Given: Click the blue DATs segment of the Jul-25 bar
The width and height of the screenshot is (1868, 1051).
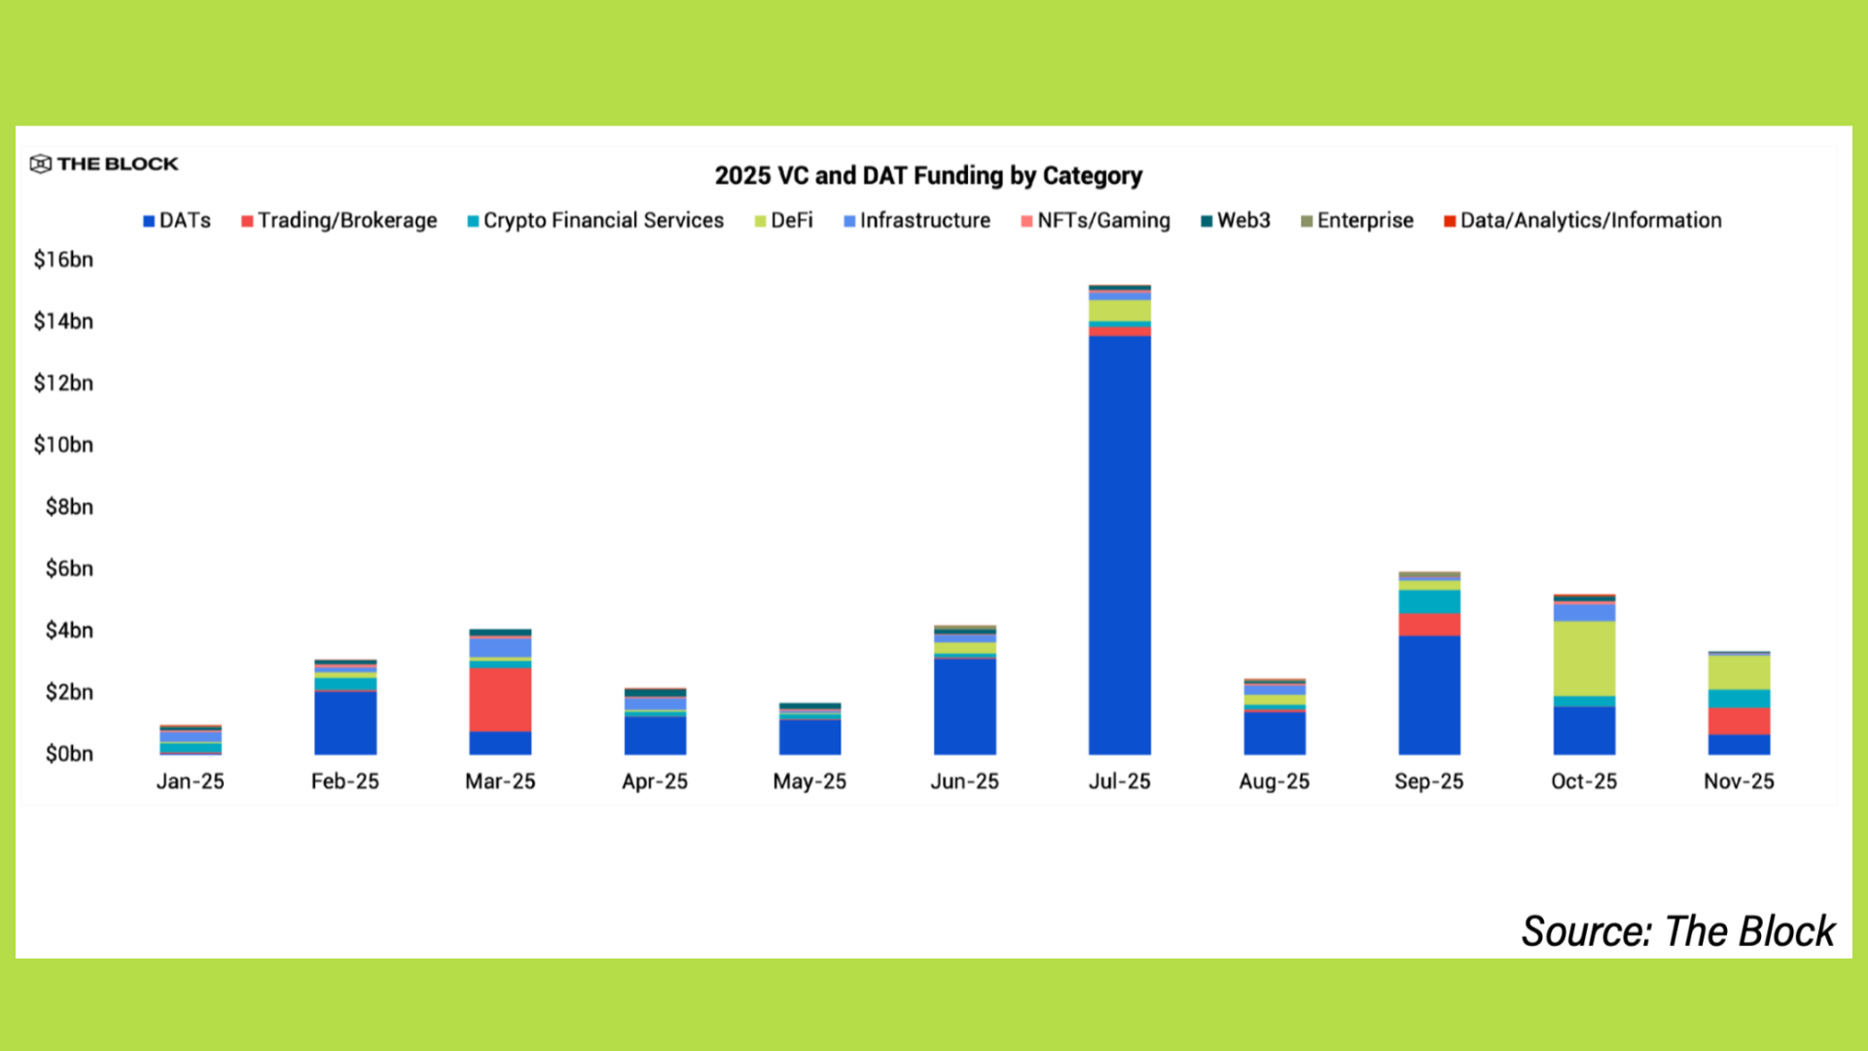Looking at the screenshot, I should (1119, 545).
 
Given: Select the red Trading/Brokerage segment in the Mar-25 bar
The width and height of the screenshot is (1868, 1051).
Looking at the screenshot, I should (500, 699).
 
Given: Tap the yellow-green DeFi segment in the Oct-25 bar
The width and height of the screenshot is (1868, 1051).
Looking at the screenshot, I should (1584, 658).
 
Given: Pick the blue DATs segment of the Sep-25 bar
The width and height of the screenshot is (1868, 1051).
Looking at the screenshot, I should (1429, 695).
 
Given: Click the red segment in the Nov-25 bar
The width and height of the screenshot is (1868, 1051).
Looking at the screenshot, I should (1739, 721).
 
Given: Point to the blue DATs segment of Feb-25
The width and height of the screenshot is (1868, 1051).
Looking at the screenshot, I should (345, 723).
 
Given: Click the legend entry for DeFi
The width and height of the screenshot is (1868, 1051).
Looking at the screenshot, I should (783, 221).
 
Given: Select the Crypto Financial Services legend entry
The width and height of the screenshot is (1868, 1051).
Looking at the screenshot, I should (595, 221).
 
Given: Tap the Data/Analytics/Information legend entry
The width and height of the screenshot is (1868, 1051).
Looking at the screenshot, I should (1583, 221).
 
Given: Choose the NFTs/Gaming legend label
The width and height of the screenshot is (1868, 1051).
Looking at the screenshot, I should (1096, 221).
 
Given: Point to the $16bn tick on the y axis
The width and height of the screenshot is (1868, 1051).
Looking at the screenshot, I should (64, 260).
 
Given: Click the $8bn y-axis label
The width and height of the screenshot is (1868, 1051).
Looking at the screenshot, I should (69, 507).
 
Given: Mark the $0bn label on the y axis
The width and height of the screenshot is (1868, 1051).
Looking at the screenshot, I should (69, 754).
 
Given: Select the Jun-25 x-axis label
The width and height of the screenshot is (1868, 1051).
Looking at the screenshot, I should (964, 781).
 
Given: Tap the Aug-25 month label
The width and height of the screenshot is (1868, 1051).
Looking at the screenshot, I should (1274, 781).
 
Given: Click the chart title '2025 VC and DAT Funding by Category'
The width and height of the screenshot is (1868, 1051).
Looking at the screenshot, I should (928, 176).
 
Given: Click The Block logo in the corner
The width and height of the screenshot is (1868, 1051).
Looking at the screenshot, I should (104, 163).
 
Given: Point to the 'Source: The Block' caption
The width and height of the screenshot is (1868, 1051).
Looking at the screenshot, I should (1677, 931).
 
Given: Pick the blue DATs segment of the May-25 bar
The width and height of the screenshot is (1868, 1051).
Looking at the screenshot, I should (809, 738).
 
